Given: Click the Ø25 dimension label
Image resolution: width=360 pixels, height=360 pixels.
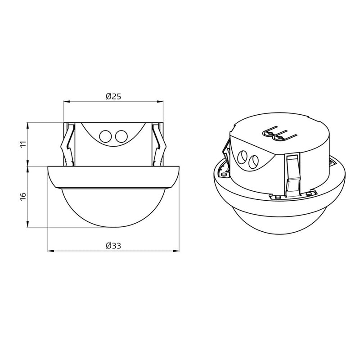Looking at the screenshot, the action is [113, 96].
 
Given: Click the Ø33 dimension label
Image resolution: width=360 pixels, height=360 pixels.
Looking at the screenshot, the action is [113, 246].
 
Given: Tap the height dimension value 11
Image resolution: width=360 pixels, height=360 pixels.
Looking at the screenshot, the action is [24, 144].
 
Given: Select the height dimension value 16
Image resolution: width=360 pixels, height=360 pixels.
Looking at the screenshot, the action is [23, 197].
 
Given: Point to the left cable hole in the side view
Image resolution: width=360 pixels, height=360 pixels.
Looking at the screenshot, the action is [105, 136].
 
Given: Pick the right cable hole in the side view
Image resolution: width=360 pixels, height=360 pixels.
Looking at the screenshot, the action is [121, 136].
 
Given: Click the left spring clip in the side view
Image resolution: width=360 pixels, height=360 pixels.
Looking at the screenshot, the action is [68, 144].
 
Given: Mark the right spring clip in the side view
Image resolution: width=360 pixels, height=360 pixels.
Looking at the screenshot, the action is [159, 144].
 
